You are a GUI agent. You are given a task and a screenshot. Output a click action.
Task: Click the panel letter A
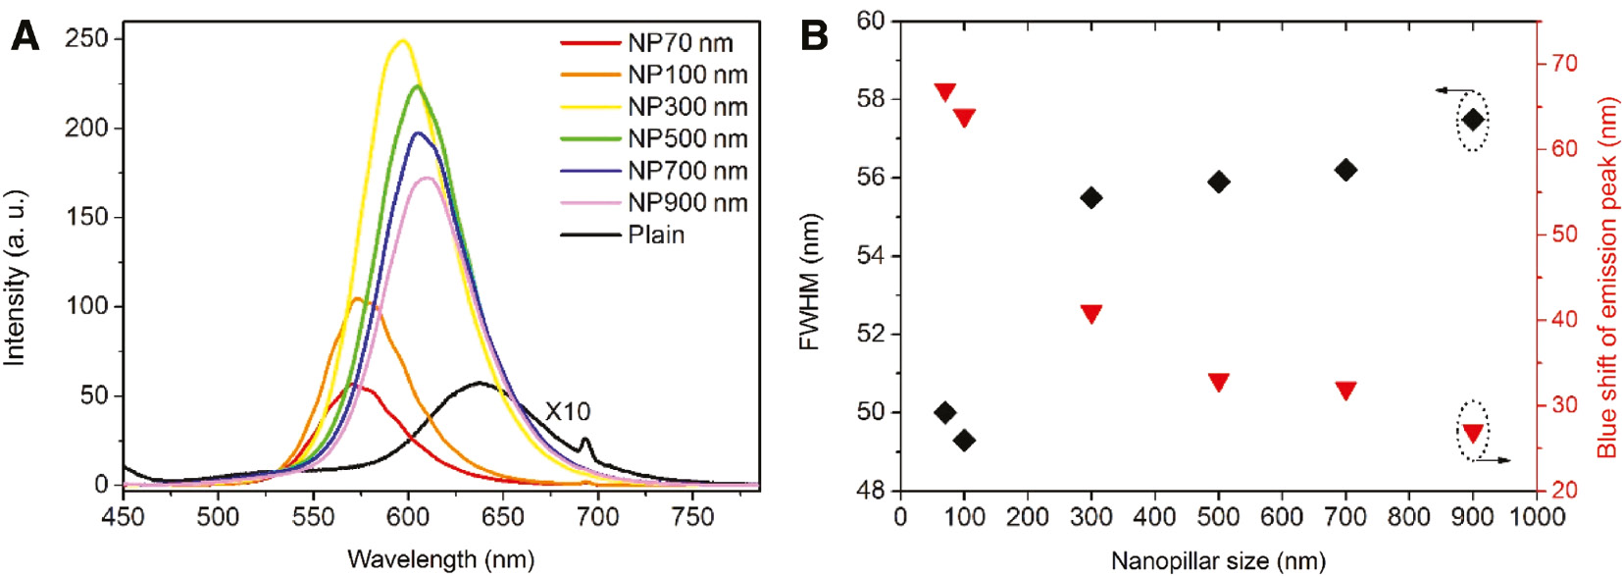coord(25,36)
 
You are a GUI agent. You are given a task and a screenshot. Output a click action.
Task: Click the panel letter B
coord(814,36)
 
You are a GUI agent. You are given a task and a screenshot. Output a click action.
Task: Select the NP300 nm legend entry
coord(686,106)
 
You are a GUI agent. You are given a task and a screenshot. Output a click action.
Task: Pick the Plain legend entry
coord(655,235)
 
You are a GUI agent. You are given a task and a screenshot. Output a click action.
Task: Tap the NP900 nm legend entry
coord(686,202)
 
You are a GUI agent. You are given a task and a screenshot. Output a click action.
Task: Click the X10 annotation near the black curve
coord(568,411)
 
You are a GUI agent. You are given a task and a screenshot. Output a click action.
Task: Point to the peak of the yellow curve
coord(401,41)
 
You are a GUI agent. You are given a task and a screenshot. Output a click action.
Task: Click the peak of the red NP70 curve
coord(352,385)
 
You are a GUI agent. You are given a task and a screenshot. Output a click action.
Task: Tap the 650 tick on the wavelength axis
coord(502,516)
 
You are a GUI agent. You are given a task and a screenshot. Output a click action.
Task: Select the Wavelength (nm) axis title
coord(440,559)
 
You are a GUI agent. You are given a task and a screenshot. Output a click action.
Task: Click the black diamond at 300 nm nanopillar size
coord(1090,198)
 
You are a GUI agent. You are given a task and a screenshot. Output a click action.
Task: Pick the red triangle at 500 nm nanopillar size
coord(1218,382)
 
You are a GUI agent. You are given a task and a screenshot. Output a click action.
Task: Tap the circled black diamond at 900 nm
coord(1472,120)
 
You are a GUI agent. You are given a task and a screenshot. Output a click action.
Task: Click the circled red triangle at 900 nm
coord(1472,433)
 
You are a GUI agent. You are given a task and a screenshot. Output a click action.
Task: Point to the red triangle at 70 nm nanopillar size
coord(944,92)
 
